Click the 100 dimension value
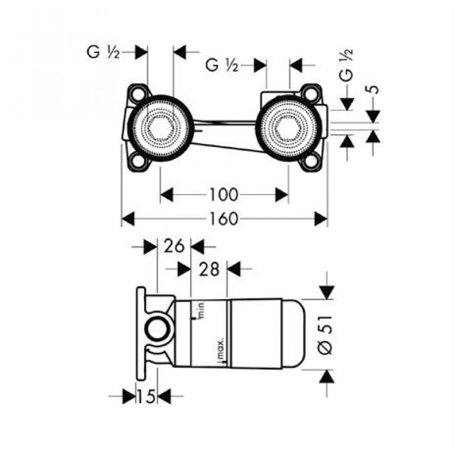click(x=223, y=195)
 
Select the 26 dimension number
click(x=173, y=246)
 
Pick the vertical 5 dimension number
click(x=373, y=89)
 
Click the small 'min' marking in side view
click(x=199, y=310)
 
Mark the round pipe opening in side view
click(x=157, y=330)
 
